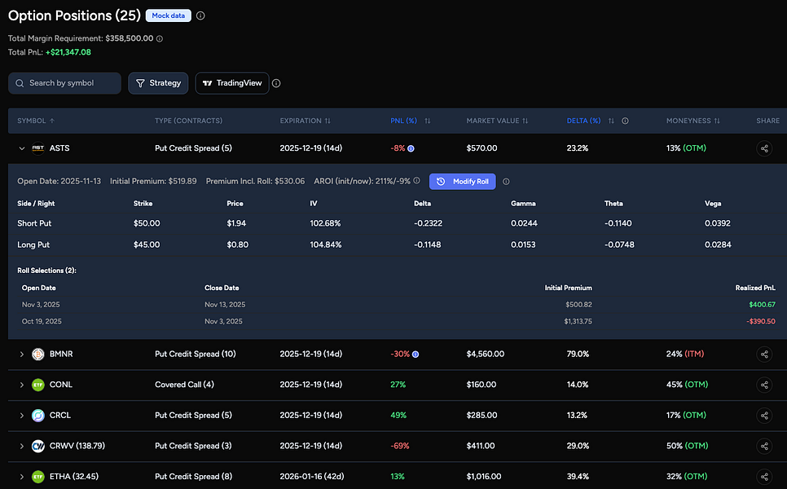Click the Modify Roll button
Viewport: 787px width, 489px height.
pyautogui.click(x=462, y=181)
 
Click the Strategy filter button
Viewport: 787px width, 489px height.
pyautogui.click(x=158, y=83)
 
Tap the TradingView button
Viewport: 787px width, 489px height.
pyautogui.click(x=232, y=83)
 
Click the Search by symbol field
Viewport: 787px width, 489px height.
pyautogui.click(x=65, y=83)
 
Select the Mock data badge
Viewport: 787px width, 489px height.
pyautogui.click(x=169, y=15)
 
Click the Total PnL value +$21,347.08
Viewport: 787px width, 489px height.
pyautogui.click(x=68, y=52)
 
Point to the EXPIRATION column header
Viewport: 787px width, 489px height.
pyautogui.click(x=305, y=121)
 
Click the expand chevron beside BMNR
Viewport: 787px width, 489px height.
pyautogui.click(x=22, y=355)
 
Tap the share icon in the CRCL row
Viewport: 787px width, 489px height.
pyautogui.click(x=764, y=416)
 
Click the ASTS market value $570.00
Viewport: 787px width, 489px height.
pyautogui.click(x=481, y=148)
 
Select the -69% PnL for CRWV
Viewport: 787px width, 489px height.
pyautogui.click(x=399, y=446)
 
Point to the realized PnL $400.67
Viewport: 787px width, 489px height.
pyautogui.click(x=762, y=304)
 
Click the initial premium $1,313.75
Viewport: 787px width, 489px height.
pyautogui.click(x=578, y=321)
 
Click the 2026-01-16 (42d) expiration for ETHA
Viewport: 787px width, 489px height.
pyautogui.click(x=310, y=476)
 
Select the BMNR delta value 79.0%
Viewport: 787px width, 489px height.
pyautogui.click(x=578, y=355)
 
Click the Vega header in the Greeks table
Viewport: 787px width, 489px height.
pyautogui.click(x=714, y=203)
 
